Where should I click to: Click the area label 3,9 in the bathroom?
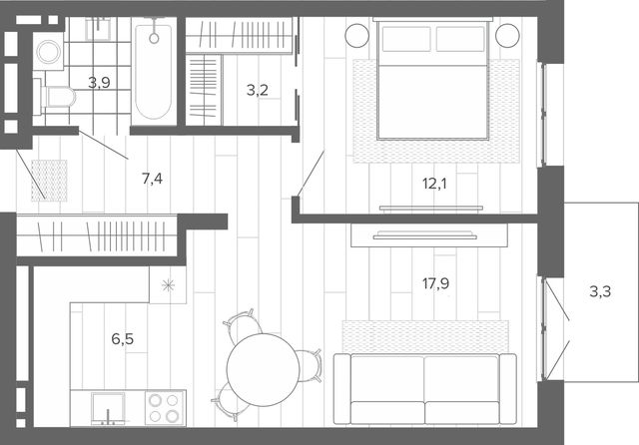click(100, 83)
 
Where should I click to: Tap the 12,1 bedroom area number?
click(434, 184)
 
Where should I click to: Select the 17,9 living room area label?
click(435, 283)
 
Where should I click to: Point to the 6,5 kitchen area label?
click(122, 338)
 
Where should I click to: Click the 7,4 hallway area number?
click(152, 179)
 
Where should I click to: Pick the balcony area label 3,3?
click(600, 291)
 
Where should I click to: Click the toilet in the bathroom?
click(58, 97)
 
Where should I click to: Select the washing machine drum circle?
click(49, 52)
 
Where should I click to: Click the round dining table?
click(264, 370)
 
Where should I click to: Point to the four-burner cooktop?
click(164, 408)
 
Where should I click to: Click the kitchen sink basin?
click(108, 408)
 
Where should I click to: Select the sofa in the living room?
click(425, 389)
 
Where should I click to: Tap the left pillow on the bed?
click(406, 39)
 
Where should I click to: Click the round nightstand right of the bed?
click(507, 36)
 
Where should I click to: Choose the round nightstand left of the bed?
click(357, 36)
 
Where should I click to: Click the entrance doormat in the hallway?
click(49, 181)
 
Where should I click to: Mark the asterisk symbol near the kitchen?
click(168, 285)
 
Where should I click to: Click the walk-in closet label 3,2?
click(258, 90)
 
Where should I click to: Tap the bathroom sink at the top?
click(98, 29)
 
